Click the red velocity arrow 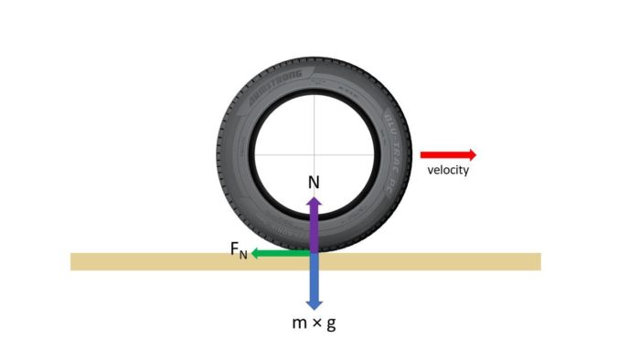pos(447,154)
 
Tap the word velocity pos(448,171)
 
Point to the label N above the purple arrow pos(314,182)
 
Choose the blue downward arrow pos(314,283)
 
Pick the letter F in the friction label pos(235,250)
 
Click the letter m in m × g pos(298,324)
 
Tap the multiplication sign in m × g pos(315,324)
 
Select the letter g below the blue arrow pos(330,325)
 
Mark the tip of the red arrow pos(475,154)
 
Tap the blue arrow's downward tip pos(314,308)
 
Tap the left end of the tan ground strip pos(74,261)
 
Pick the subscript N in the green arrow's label pos(243,255)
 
